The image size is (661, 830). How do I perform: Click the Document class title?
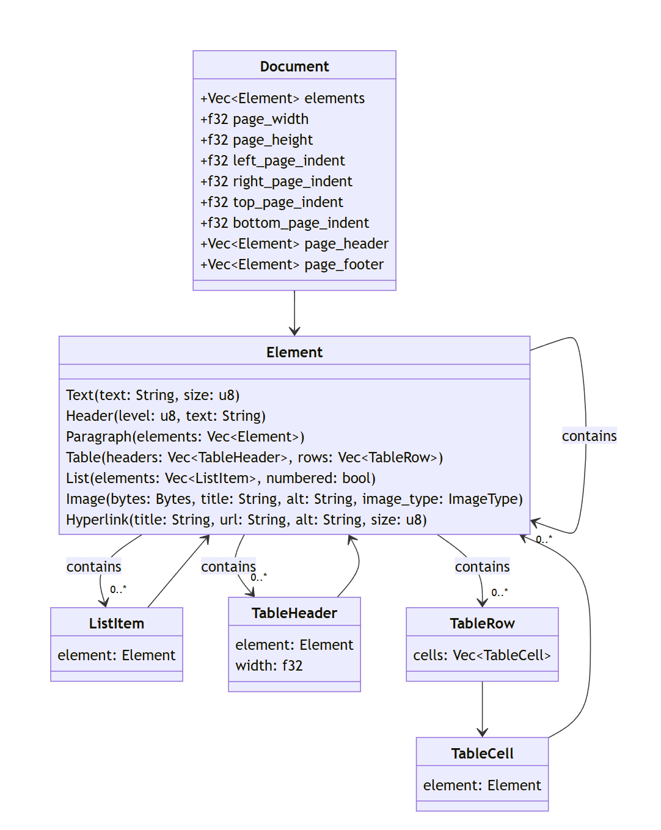[x=294, y=67]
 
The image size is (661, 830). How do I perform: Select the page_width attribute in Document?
[x=254, y=119]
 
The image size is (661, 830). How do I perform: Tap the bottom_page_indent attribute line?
[x=284, y=223]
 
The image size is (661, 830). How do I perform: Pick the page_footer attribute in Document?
[x=291, y=264]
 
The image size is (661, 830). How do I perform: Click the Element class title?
[x=294, y=352]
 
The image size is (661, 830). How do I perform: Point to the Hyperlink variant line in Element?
[x=246, y=520]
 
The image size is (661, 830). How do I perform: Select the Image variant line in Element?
[x=294, y=499]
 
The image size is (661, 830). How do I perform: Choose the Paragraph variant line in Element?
[x=185, y=437]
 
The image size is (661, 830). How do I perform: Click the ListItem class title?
[x=116, y=624]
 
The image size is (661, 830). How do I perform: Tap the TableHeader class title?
[x=294, y=613]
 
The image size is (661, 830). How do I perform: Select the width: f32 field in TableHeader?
[x=269, y=665]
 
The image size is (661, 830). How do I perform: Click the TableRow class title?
[x=482, y=624]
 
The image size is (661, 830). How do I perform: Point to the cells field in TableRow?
[x=481, y=655]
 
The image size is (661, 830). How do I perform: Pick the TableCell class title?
[x=482, y=753]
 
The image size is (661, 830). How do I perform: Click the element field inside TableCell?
[x=482, y=785]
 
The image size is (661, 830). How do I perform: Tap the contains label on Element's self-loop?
[x=589, y=436]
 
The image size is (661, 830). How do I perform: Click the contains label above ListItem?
[x=93, y=566]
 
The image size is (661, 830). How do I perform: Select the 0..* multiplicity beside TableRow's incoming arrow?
[x=499, y=592]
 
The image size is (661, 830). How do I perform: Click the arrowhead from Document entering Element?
[x=294, y=331]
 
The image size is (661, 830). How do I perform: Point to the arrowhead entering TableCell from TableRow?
[x=482, y=732]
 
